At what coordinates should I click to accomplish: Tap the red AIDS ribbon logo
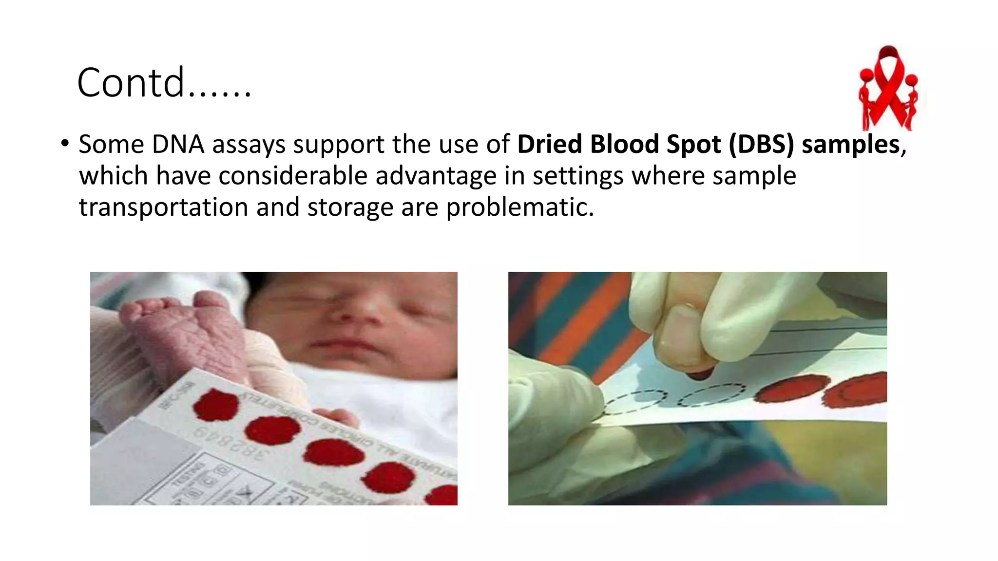tap(888, 88)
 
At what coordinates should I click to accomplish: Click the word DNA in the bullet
tap(178, 145)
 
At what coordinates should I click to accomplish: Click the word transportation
tap(164, 207)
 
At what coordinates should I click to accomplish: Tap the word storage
tap(350, 207)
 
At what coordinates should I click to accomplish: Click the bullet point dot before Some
tap(64, 144)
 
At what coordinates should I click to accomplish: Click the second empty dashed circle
tap(712, 394)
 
